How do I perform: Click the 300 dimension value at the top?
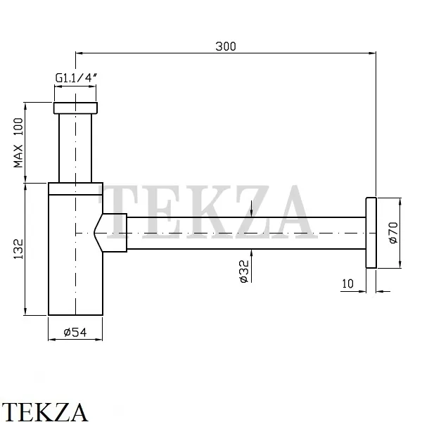[226, 46]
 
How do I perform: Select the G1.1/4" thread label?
[76, 78]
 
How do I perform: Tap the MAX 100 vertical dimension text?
[18, 143]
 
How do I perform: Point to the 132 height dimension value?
[18, 249]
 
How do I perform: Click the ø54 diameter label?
[75, 332]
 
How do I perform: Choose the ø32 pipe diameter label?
[244, 271]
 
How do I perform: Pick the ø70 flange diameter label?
[393, 233]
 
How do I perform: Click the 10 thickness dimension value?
[347, 283]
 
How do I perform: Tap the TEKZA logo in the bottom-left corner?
[44, 411]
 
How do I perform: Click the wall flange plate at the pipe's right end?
[371, 233]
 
